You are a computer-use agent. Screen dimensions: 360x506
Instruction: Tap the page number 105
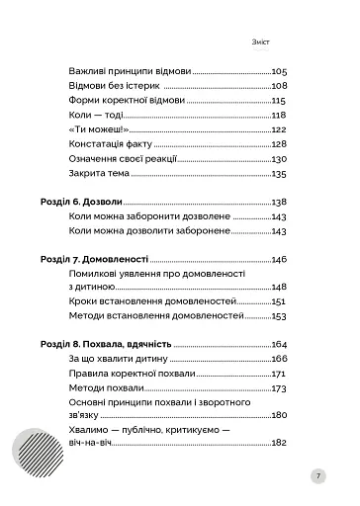tap(278, 72)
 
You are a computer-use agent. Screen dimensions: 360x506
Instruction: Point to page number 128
tap(278, 144)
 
